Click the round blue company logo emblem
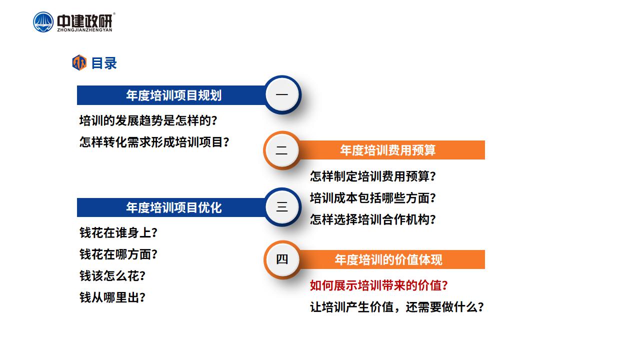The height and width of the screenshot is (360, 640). [x=43, y=22]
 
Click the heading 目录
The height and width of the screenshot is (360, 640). [x=104, y=63]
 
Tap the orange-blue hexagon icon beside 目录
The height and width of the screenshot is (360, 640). [x=79, y=62]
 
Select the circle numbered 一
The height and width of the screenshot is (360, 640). [x=282, y=94]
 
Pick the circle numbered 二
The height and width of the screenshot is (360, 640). [x=281, y=150]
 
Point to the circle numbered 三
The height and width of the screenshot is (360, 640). [x=282, y=206]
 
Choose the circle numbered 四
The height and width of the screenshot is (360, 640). [x=282, y=259]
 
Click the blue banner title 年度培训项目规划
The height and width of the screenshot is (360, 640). [x=174, y=95]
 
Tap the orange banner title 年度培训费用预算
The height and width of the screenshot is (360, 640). [x=387, y=150]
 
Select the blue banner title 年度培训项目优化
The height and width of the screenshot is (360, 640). [x=174, y=207]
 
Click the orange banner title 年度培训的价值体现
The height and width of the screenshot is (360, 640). [x=388, y=259]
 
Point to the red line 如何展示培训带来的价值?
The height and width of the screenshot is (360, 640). [x=379, y=285]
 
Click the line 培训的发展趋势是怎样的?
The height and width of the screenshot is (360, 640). [x=148, y=120]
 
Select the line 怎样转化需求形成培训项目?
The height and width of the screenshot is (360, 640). [x=154, y=142]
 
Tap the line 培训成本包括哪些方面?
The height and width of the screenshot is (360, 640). [x=373, y=198]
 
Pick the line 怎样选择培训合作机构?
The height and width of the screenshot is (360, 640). [x=373, y=219]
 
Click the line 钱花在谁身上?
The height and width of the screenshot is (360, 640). [x=118, y=232]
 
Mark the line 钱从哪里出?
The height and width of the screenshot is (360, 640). [x=112, y=297]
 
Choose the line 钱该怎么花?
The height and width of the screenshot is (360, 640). [x=112, y=276]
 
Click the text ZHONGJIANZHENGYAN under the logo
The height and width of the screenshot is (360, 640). [x=85, y=30]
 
